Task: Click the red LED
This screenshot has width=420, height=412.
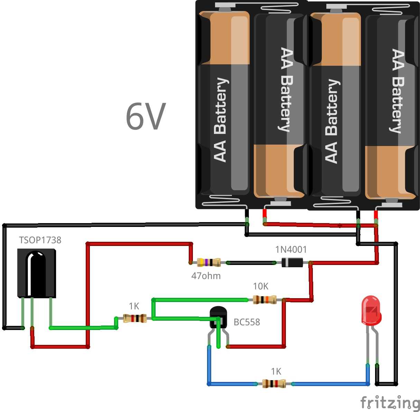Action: tap(371, 310)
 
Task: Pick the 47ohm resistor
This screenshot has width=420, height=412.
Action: tap(209, 263)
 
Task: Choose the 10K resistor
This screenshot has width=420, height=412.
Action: tap(265, 299)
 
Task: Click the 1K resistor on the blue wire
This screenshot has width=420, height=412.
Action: tap(274, 384)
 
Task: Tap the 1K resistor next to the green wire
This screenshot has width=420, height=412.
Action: tap(135, 318)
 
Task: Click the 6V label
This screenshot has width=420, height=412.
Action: tap(146, 117)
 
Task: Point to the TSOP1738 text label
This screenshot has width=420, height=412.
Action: tap(40, 240)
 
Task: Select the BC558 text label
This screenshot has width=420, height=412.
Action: tap(247, 322)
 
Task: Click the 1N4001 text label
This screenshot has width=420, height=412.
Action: tap(291, 249)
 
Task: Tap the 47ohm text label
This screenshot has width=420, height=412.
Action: tap(206, 276)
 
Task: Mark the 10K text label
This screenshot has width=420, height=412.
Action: tap(261, 286)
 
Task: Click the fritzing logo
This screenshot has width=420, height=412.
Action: tap(390, 403)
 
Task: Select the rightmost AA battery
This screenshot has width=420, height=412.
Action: tap(391, 104)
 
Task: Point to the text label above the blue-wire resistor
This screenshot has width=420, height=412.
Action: tap(276, 372)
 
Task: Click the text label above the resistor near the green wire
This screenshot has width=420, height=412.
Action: tap(134, 306)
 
